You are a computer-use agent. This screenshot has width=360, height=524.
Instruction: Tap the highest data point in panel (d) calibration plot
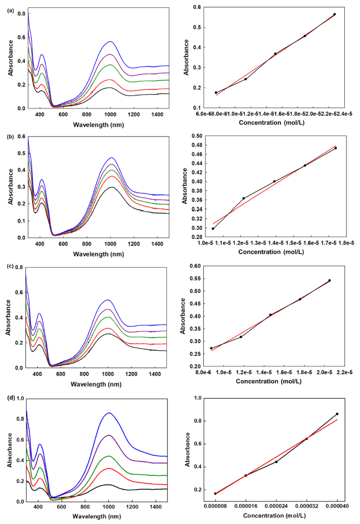coord(337,414)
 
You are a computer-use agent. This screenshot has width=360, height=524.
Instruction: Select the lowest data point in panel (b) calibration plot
coord(213,228)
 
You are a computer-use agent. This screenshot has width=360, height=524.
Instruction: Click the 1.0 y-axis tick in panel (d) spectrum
coord(21,398)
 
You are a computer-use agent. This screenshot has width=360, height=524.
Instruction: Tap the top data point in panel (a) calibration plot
coord(335,14)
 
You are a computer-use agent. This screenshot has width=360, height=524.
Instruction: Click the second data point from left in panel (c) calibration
coord(241,337)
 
